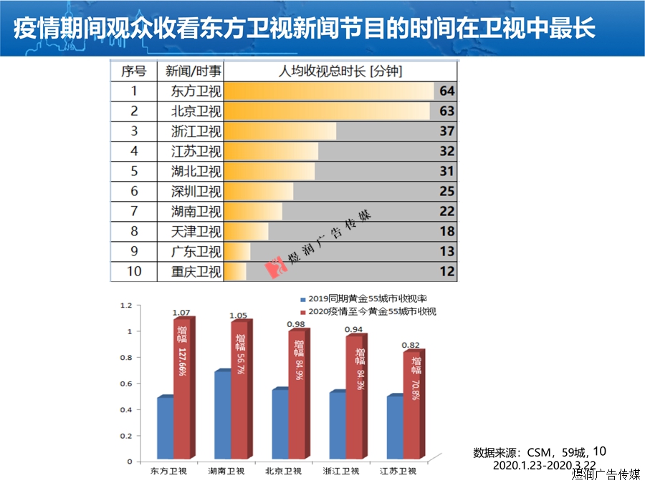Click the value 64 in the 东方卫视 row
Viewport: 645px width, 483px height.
(448, 92)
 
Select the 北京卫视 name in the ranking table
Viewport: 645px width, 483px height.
(197, 112)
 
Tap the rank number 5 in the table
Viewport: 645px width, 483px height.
(134, 172)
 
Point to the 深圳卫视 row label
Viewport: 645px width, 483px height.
(197, 192)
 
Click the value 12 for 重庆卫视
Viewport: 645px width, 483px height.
(447, 272)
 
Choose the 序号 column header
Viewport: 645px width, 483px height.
(134, 72)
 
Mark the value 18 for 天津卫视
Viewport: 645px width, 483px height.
(447, 232)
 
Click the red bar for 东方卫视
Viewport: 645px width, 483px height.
(183, 390)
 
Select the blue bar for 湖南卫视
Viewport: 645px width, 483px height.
(223, 416)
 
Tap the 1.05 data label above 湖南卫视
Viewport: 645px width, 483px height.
(238, 316)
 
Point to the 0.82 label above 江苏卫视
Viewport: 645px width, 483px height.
(411, 345)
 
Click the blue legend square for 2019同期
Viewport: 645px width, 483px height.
(303, 298)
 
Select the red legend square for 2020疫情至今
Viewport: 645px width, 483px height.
(303, 312)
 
